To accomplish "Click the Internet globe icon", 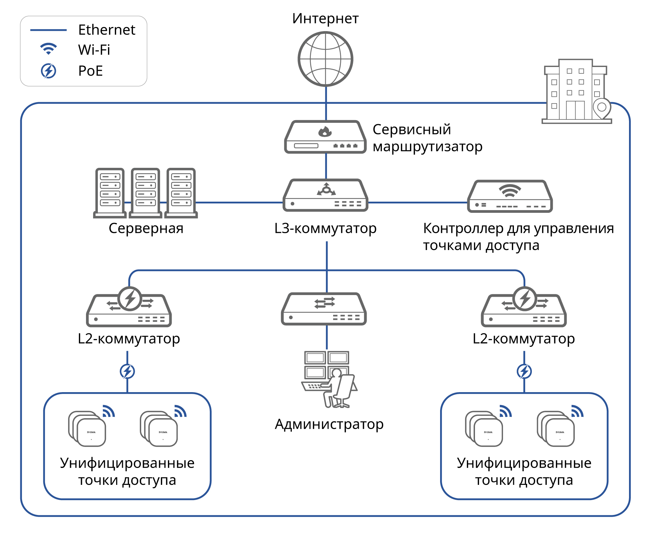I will point(325,59).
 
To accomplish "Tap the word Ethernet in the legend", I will point(107,30).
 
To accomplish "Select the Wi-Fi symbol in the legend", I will point(48,49).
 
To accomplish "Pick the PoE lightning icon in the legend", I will point(48,71).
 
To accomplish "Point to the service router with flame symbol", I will point(325,137).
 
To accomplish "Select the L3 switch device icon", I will point(325,196).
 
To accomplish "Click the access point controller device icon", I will point(510,197).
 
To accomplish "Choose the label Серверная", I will point(146,228).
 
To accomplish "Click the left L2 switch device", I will point(129,308).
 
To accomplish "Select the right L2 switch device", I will point(524,308).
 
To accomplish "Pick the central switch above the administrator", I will point(324,309).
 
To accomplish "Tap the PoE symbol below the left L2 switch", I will point(127,372).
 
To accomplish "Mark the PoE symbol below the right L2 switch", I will point(524,372).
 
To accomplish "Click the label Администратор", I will point(329,424).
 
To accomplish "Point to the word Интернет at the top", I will point(325,19).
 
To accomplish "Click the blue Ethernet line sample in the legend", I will point(48,30).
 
